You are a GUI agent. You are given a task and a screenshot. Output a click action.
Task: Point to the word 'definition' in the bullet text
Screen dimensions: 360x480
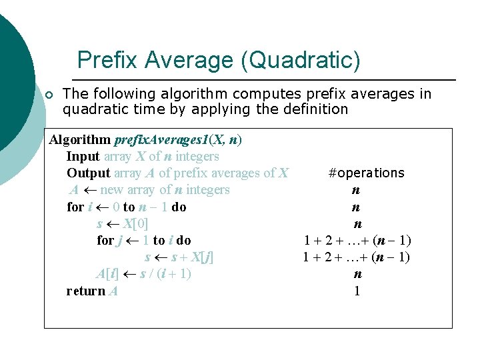point(316,109)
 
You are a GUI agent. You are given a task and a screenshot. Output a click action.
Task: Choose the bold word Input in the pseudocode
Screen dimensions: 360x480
point(83,157)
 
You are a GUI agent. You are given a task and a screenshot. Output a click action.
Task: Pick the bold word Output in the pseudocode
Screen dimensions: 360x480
point(88,173)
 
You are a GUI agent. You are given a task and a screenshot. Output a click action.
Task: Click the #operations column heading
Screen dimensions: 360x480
point(366,173)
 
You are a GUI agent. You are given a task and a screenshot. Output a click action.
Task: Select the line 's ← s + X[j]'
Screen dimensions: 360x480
point(179,257)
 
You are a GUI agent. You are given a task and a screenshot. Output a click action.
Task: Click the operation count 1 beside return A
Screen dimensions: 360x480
point(357,291)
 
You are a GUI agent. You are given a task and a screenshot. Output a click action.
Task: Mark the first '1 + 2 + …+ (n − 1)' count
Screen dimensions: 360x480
point(357,241)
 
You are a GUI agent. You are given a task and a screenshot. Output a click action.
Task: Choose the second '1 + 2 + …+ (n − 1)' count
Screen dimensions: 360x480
point(357,257)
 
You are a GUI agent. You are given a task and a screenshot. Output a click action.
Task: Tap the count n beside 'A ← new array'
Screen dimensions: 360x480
point(357,190)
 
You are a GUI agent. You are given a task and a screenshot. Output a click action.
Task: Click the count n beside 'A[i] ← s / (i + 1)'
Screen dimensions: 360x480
point(357,274)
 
